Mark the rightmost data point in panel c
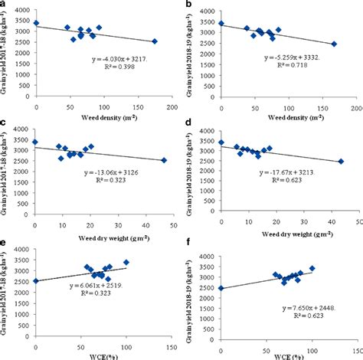click(x=163, y=160)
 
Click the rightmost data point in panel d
click(x=341, y=161)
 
